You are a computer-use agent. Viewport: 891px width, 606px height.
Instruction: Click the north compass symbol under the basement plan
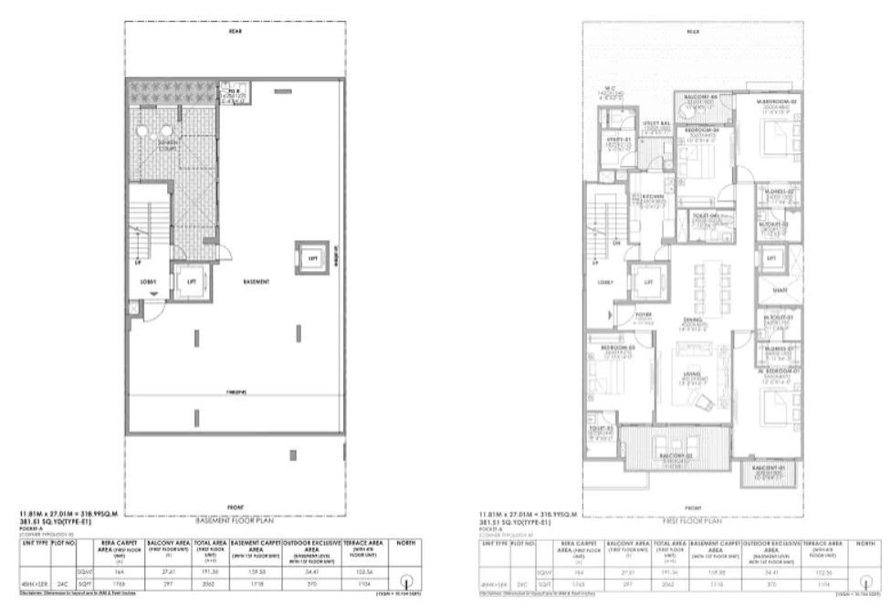(x=405, y=578)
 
